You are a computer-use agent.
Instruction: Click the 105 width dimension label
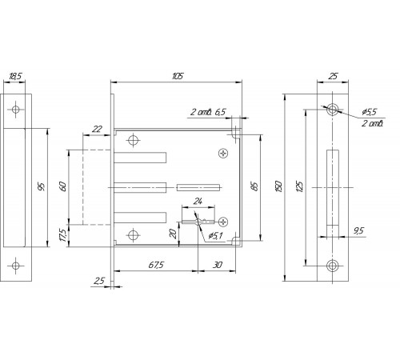(178, 76)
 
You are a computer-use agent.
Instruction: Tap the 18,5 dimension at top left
(15, 77)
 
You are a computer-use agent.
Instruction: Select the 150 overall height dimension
(278, 186)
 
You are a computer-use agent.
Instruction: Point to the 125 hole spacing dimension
(299, 186)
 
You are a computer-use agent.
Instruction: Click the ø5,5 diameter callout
(370, 112)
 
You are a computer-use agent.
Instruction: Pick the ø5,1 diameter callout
(215, 235)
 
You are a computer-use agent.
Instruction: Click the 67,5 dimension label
(156, 265)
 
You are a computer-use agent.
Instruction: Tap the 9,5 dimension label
(358, 230)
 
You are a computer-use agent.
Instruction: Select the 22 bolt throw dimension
(97, 129)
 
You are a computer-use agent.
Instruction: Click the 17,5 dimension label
(63, 235)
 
